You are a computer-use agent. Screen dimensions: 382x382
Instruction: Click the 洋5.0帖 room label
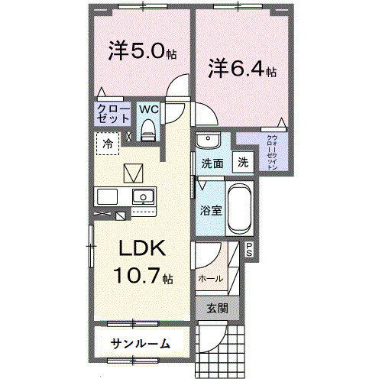coord(143,52)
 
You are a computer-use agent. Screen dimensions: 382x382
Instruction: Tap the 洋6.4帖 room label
coord(242,69)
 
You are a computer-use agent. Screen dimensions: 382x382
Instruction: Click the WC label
coord(148,109)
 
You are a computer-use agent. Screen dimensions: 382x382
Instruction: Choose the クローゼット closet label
coord(112,114)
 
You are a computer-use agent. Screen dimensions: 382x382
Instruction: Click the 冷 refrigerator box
coord(108,143)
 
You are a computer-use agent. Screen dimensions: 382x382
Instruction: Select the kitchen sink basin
coord(142,198)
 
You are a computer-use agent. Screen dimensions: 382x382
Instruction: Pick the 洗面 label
coord(212,163)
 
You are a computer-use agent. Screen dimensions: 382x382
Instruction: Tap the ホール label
coord(211,278)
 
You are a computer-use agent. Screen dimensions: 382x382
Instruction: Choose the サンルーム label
coord(140,343)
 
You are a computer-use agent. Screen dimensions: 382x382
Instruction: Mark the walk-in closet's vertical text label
coord(271,152)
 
